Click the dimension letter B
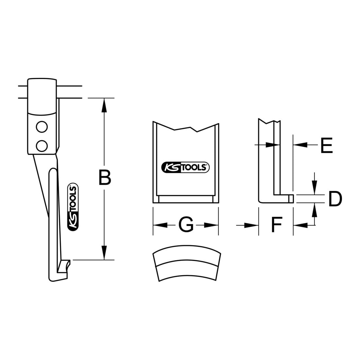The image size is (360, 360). click(x=105, y=177)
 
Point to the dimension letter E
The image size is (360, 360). click(x=327, y=145)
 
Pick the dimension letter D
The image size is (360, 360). click(x=335, y=199)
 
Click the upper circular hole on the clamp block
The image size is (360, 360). click(x=42, y=127)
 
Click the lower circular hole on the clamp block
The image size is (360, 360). click(x=42, y=146)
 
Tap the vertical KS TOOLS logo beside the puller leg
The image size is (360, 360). click(x=73, y=207)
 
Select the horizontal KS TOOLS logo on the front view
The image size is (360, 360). click(x=186, y=167)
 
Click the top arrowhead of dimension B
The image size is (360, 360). click(x=104, y=105)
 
